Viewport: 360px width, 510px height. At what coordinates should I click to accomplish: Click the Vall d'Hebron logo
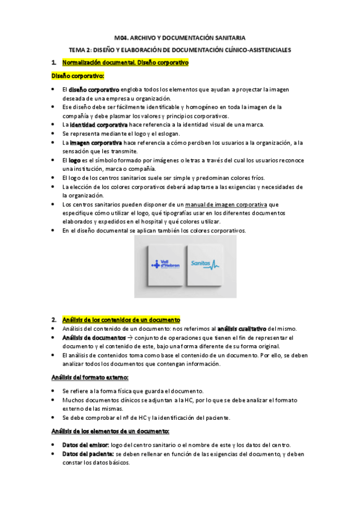[x=160, y=263]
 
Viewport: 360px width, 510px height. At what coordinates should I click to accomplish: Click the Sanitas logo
[x=205, y=263]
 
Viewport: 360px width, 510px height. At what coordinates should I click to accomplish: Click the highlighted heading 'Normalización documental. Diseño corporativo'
[x=125, y=62]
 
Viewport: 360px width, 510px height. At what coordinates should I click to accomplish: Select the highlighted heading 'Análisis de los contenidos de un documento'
[x=120, y=319]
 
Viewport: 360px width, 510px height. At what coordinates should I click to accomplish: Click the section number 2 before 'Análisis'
[x=53, y=319]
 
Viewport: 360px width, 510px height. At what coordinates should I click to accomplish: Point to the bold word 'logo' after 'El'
[x=75, y=161]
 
